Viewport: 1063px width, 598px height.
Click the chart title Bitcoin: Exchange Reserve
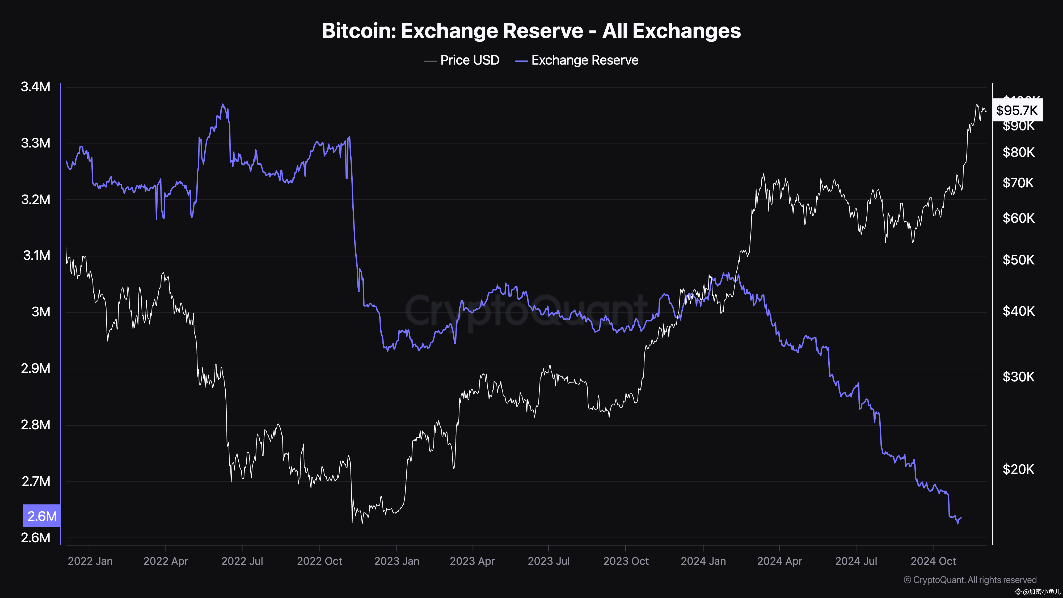tap(531, 31)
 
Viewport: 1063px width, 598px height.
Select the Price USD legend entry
tap(462, 60)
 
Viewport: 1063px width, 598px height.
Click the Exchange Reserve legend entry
tap(577, 60)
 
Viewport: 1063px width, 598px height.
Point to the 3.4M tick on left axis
tap(36, 87)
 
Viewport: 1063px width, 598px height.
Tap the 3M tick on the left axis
tap(41, 311)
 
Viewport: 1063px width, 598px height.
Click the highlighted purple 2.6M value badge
tap(42, 516)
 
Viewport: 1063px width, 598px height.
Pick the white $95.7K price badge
tap(1017, 110)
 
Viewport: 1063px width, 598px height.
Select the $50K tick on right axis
tap(1018, 260)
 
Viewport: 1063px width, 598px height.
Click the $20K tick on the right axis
tap(1018, 469)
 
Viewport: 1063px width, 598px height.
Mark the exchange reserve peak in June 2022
tap(223, 104)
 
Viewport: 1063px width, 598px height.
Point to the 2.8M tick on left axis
tap(36, 425)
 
